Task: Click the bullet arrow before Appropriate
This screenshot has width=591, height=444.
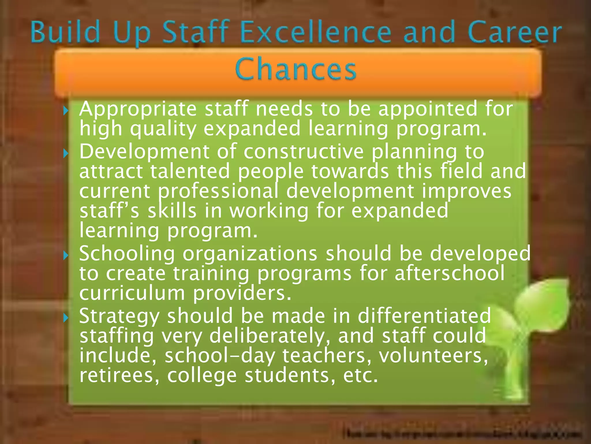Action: point(66,110)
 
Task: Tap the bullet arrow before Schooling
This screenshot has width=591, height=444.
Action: point(66,255)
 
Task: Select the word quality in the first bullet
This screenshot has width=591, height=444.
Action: point(163,129)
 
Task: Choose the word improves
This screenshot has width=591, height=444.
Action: point(466,191)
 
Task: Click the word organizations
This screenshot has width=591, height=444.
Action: point(250,253)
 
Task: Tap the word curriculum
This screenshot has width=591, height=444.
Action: point(132,293)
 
